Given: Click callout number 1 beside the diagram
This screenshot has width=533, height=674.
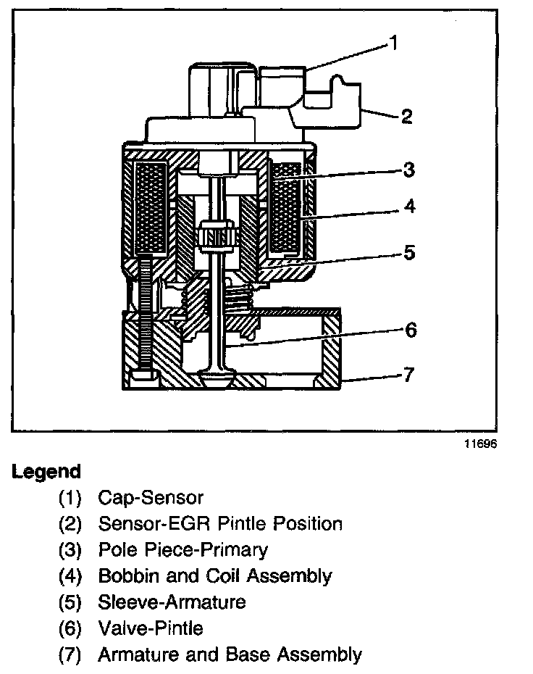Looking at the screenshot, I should (393, 43).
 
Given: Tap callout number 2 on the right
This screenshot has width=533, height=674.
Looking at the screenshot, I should (407, 116).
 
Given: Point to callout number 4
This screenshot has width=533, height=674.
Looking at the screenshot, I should (409, 207).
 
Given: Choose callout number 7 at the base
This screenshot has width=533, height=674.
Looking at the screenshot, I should (410, 376).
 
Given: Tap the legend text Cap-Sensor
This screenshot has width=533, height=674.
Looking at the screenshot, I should (150, 498).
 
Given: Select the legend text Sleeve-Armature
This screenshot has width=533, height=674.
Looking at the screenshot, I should (172, 602).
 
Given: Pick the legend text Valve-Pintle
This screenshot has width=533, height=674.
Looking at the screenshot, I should (150, 628).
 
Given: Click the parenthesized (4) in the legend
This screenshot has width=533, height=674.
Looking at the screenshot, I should (72, 576).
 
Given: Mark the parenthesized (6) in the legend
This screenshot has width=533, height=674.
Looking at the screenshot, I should (72, 628).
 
